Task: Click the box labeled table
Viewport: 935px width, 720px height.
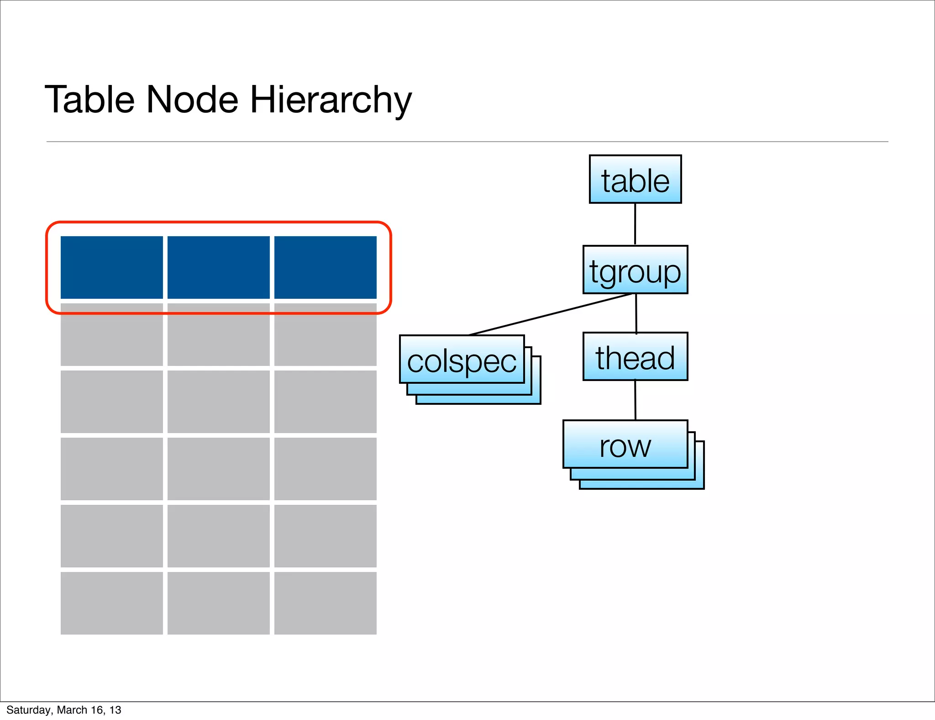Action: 635,179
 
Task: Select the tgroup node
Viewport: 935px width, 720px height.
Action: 635,270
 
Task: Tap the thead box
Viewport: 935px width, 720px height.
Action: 635,356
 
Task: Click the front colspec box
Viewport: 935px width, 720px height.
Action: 462,360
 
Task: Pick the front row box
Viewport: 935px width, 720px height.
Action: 625,444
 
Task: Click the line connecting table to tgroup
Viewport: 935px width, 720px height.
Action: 635,224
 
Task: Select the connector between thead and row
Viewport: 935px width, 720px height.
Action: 635,400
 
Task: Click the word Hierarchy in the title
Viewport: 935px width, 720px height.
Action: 331,100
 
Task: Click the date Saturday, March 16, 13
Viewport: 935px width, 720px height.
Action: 64,710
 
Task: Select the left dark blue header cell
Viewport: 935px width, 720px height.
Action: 111,267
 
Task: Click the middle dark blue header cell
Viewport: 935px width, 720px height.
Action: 218,267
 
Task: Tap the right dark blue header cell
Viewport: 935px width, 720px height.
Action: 325,267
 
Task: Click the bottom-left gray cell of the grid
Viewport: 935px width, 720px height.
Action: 111,603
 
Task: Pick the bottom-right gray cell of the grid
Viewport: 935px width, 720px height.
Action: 325,603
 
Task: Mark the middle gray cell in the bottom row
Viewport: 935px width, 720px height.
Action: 218,603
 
